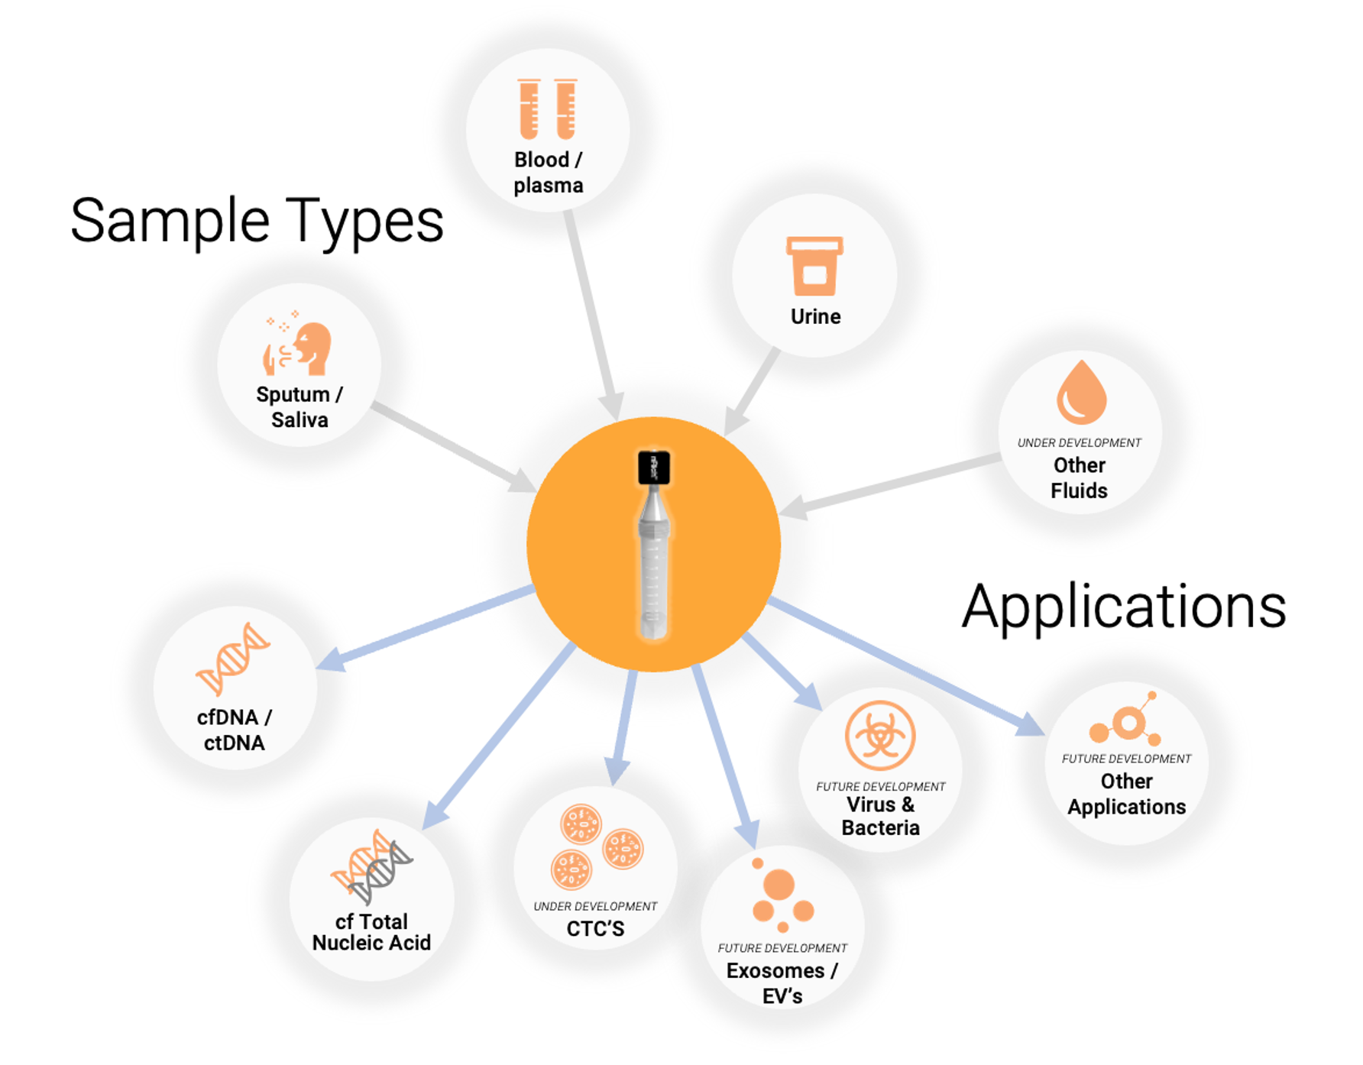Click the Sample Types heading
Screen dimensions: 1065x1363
(x=257, y=221)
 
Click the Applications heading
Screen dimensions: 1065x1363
(x=1124, y=607)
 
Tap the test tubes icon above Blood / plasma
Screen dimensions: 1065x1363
(x=547, y=109)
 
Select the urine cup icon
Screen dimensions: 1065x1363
(x=814, y=266)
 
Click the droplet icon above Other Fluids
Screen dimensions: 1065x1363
(x=1081, y=393)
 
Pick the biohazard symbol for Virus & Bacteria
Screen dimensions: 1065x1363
(x=880, y=735)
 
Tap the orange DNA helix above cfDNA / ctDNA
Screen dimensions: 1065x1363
(x=233, y=659)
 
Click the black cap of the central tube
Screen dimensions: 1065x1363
(x=654, y=468)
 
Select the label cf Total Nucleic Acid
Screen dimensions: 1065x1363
(x=371, y=932)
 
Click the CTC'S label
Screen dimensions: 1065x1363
(x=595, y=929)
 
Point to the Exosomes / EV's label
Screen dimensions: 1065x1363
(x=782, y=983)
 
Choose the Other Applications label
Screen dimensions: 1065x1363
(x=1126, y=794)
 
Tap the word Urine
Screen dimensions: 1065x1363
(x=815, y=316)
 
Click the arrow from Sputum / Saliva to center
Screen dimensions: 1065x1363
(x=454, y=448)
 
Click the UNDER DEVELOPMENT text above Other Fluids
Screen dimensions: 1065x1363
(x=1079, y=443)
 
